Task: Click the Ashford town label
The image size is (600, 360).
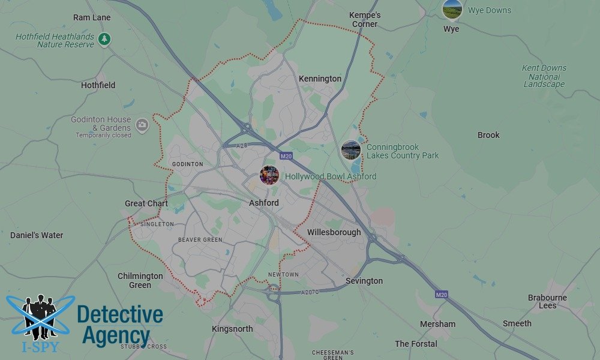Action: click(264, 203)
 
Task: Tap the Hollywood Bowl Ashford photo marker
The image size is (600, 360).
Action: click(269, 176)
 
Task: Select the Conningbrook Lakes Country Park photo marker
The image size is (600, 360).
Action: click(351, 150)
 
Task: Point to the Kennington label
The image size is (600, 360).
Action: click(320, 79)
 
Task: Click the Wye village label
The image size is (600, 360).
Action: click(451, 29)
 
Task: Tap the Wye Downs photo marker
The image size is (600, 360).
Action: click(452, 9)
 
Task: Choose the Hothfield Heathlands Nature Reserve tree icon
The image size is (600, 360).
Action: click(105, 40)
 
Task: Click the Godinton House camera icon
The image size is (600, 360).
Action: click(142, 125)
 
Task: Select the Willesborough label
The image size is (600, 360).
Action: click(334, 232)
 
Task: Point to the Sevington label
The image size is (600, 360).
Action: click(364, 281)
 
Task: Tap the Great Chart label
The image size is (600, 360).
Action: click(146, 203)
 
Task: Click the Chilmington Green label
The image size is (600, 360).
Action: click(140, 280)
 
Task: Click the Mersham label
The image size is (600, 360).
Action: click(438, 324)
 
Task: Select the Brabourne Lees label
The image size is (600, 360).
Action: click(547, 301)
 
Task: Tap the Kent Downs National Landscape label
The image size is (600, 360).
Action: click(545, 76)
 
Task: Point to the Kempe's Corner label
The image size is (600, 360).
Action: click(365, 19)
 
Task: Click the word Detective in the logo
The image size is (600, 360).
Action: click(120, 314)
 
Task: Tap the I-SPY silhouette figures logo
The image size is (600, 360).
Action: click(40, 318)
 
